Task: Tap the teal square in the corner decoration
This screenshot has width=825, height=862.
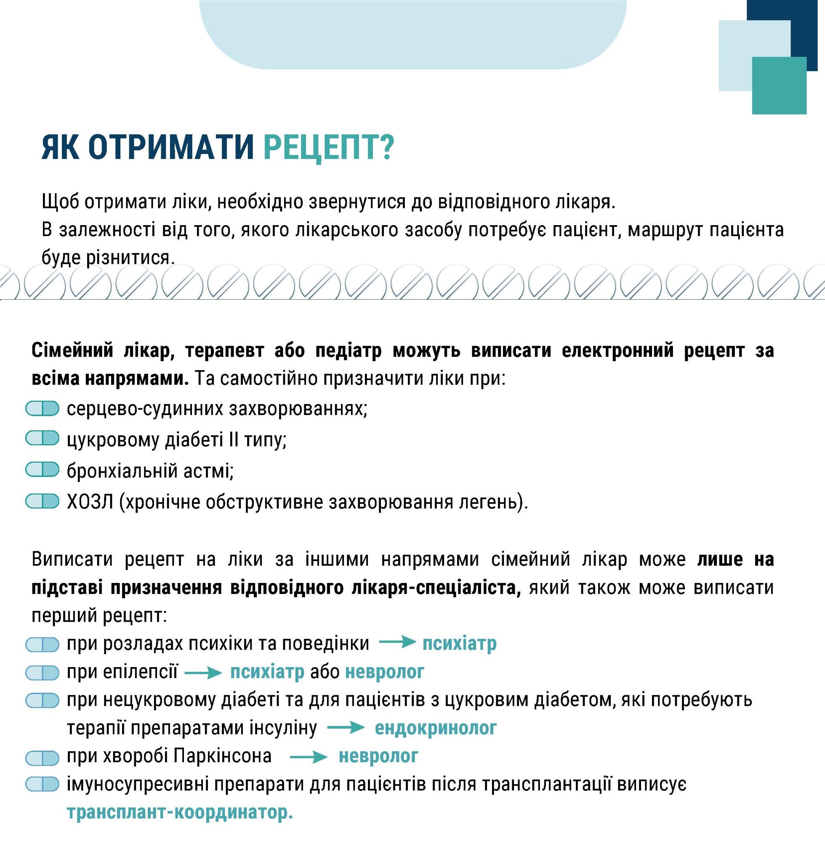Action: (779, 85)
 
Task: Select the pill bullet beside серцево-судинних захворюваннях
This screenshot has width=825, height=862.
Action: (42, 409)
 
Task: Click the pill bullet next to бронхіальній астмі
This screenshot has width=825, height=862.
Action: (42, 470)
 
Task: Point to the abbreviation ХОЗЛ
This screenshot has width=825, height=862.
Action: (90, 501)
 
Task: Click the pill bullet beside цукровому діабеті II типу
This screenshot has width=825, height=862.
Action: (42, 439)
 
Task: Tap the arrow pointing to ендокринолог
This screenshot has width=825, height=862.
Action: (346, 728)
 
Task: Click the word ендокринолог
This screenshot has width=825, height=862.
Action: (435, 728)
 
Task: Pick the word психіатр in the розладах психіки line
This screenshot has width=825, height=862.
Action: (460, 644)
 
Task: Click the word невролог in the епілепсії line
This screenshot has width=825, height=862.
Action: (384, 672)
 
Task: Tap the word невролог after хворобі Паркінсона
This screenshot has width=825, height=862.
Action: (378, 756)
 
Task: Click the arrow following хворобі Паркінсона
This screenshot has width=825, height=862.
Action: (309, 756)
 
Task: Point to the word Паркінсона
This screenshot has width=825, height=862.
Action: (223, 756)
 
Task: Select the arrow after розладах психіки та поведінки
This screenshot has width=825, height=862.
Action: (397, 643)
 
